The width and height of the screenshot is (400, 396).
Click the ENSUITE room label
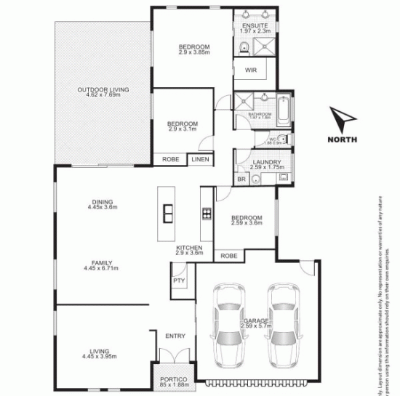click(x=255, y=25)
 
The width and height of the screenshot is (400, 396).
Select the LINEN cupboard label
click(x=200, y=159)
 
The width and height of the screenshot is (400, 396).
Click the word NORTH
click(x=342, y=140)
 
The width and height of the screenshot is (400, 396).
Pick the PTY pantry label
click(x=177, y=280)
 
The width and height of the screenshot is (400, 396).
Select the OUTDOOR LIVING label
click(x=103, y=89)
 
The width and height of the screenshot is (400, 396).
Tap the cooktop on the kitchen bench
click(x=206, y=213)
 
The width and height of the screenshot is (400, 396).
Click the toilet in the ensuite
click(x=245, y=48)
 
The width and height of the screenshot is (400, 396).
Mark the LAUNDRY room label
click(x=260, y=162)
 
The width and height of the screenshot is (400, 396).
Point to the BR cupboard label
click(x=241, y=179)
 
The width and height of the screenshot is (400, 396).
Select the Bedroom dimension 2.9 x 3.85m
click(x=194, y=53)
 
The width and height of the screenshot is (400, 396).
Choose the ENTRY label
click(x=175, y=336)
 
